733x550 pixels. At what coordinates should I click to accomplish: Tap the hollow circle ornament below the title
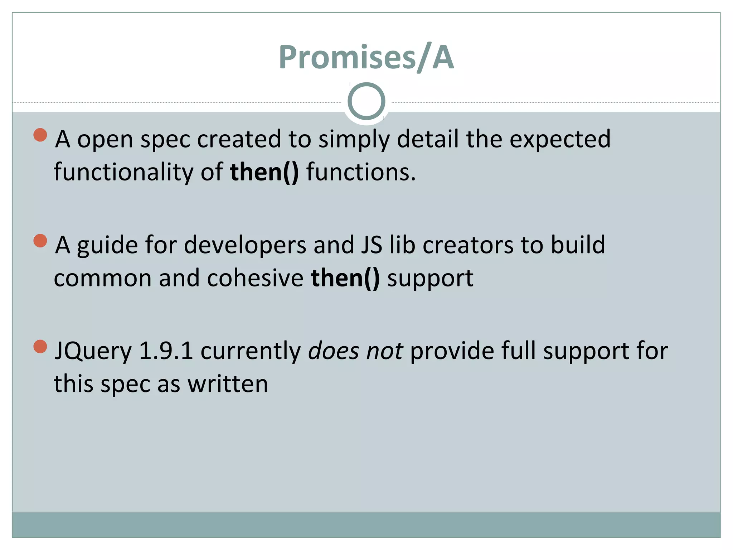click(x=366, y=101)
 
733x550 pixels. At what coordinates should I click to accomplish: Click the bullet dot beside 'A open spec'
click(x=40, y=135)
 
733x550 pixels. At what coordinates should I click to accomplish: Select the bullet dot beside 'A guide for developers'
click(x=40, y=241)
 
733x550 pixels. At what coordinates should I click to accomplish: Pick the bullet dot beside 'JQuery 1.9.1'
click(x=40, y=346)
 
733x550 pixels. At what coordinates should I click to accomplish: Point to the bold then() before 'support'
click(x=345, y=278)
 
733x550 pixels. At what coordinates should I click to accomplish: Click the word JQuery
click(x=93, y=351)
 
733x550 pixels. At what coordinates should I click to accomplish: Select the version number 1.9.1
click(x=166, y=351)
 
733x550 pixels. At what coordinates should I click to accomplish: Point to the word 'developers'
click(x=245, y=246)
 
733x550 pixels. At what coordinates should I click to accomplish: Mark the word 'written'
click(x=228, y=384)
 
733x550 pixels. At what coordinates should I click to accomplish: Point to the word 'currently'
click(x=251, y=351)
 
